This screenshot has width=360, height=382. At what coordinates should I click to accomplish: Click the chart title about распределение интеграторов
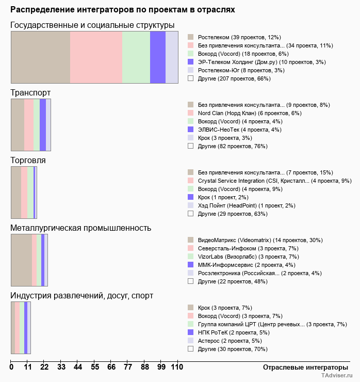tap(123, 10)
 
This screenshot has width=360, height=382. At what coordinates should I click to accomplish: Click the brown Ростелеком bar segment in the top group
tap(40, 57)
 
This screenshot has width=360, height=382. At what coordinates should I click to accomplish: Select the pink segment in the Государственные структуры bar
tap(96, 57)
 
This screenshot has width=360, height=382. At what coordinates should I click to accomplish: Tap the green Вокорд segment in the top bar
tap(136, 57)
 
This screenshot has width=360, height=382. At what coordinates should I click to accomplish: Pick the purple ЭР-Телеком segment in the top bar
tap(158, 57)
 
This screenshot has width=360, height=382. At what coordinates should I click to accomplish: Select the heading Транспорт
tap(30, 93)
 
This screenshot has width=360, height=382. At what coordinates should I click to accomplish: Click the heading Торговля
tap(28, 161)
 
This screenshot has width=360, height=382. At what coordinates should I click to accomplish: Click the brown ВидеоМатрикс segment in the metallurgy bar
tap(21, 260)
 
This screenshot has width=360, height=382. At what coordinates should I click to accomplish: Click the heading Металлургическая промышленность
tap(80, 228)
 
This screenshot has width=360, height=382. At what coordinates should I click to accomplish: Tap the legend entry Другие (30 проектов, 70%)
tap(232, 349)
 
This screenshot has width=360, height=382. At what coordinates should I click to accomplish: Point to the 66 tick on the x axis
tap(111, 368)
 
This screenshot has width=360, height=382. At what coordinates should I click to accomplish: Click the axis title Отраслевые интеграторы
tap(302, 368)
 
